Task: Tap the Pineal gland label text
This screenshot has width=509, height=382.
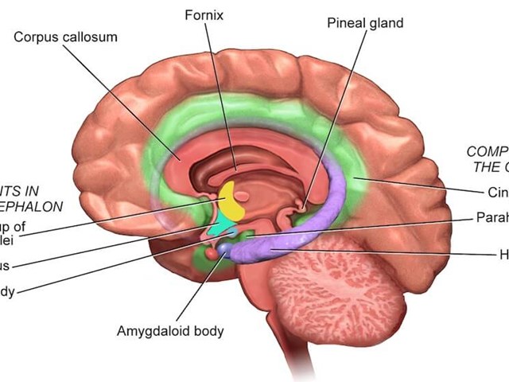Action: pos(365,22)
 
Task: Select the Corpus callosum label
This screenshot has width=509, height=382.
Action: pos(65,37)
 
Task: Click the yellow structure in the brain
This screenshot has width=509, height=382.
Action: pos(232,202)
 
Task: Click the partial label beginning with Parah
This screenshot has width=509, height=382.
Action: pos(492,216)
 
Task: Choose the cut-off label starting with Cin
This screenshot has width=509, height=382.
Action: pos(497,192)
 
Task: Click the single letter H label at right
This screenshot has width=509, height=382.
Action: pos(503,255)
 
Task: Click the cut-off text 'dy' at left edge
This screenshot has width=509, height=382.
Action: pos(6,292)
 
